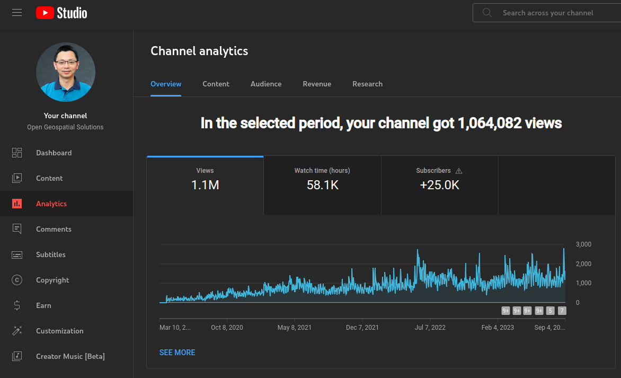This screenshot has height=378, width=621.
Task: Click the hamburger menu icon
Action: click(17, 13)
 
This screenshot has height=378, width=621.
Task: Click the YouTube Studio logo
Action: click(61, 13)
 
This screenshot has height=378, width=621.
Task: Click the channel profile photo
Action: click(66, 72)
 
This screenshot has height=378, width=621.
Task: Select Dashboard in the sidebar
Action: click(54, 153)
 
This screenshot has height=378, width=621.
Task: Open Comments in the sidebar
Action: click(54, 229)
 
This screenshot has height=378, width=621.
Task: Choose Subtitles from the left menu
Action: click(51, 254)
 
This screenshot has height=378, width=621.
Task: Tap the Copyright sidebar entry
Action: click(52, 280)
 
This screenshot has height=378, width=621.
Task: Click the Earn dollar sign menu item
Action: click(43, 305)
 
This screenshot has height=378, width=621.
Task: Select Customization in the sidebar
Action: click(59, 331)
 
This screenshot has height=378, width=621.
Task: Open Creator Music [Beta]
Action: click(70, 356)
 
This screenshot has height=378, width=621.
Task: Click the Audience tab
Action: click(266, 84)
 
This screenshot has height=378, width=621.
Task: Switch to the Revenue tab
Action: click(317, 84)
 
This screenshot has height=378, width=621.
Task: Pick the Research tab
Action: click(367, 84)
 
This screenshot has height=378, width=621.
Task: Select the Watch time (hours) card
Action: click(322, 185)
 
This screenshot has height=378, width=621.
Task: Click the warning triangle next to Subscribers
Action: click(459, 171)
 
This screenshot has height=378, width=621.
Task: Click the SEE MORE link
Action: click(177, 353)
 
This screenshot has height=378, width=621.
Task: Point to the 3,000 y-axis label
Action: click(583, 244)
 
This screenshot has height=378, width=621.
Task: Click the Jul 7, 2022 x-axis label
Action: click(430, 328)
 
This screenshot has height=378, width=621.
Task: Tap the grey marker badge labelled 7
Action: click(562, 311)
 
